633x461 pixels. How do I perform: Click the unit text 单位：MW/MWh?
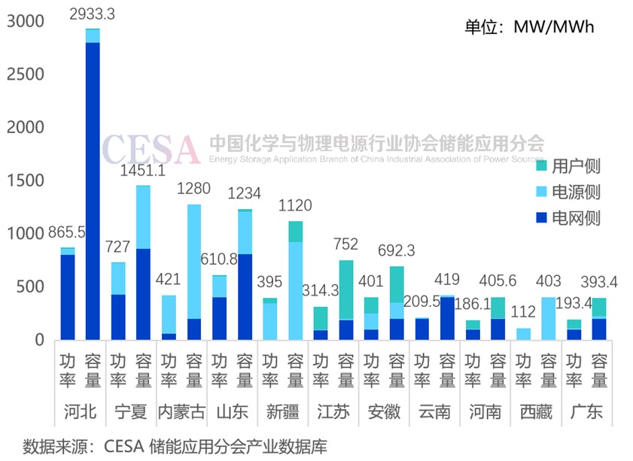(x=530, y=28)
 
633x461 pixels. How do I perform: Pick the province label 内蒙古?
(x=181, y=412)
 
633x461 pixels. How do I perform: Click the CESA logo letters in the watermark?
(x=151, y=148)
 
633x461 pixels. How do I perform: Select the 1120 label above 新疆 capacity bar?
(x=295, y=205)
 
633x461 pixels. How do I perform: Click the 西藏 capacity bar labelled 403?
(x=548, y=319)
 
